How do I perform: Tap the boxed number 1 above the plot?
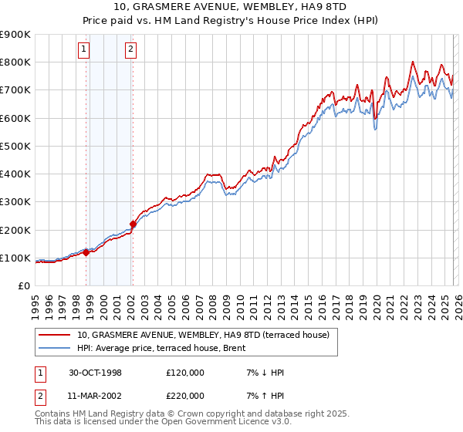83,50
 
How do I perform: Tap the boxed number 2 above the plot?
130,50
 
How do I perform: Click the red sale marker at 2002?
133,224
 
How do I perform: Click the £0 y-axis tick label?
23,285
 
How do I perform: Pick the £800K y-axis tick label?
15,62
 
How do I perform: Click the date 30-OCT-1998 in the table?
93,373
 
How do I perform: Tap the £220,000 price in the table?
185,395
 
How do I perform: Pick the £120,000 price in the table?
185,373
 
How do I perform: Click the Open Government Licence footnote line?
163,422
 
